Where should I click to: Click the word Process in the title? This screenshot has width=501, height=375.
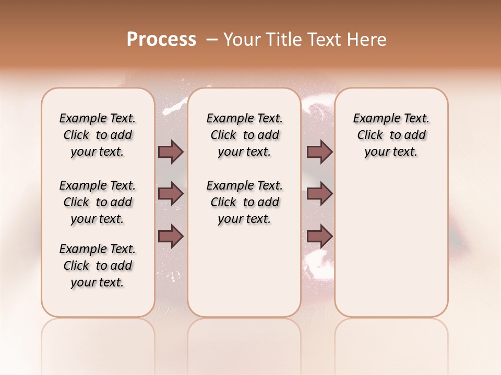[161, 40]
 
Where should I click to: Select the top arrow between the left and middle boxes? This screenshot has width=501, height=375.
[171, 152]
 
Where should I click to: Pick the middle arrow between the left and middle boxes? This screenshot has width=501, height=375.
[171, 194]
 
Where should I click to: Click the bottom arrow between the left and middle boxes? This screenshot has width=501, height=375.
[171, 237]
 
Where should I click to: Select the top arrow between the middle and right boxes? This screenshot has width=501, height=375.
[319, 152]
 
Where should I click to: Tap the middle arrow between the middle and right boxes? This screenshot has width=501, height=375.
[319, 194]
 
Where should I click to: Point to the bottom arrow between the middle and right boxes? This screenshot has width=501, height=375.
[319, 237]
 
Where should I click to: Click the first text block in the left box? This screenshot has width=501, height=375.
[98, 135]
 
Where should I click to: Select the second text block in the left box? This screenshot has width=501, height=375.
[98, 202]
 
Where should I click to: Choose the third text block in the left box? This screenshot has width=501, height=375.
[98, 266]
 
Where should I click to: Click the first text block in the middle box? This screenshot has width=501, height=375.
[244, 135]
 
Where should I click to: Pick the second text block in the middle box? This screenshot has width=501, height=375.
[244, 202]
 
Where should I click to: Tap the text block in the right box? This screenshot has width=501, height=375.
[391, 135]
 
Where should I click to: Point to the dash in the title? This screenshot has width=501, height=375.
[212, 40]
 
